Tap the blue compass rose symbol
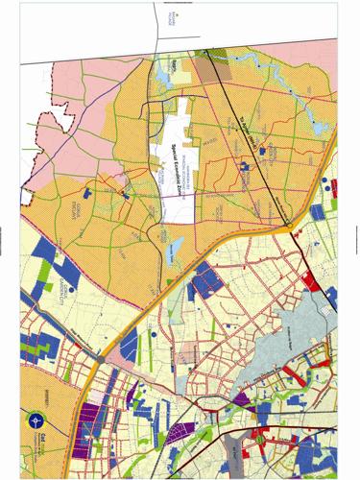pos(36,420)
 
